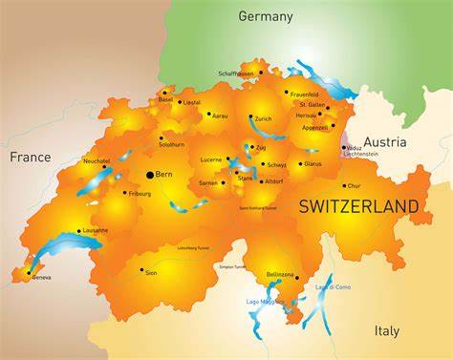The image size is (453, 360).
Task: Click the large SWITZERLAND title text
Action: (x=358, y=206)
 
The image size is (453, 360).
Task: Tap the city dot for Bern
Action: (x=148, y=174)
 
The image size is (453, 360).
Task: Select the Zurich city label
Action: (x=264, y=118)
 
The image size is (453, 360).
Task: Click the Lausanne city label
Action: (x=96, y=230)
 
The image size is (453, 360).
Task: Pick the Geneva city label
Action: (x=41, y=277)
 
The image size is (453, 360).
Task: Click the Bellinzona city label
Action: (x=280, y=274)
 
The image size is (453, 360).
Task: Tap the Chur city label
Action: (x=355, y=185)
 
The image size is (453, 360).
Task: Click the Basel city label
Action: (x=165, y=99)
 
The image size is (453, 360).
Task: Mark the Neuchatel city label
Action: (x=97, y=161)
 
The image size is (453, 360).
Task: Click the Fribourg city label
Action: (x=140, y=194)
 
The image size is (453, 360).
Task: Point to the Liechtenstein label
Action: (x=361, y=153)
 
